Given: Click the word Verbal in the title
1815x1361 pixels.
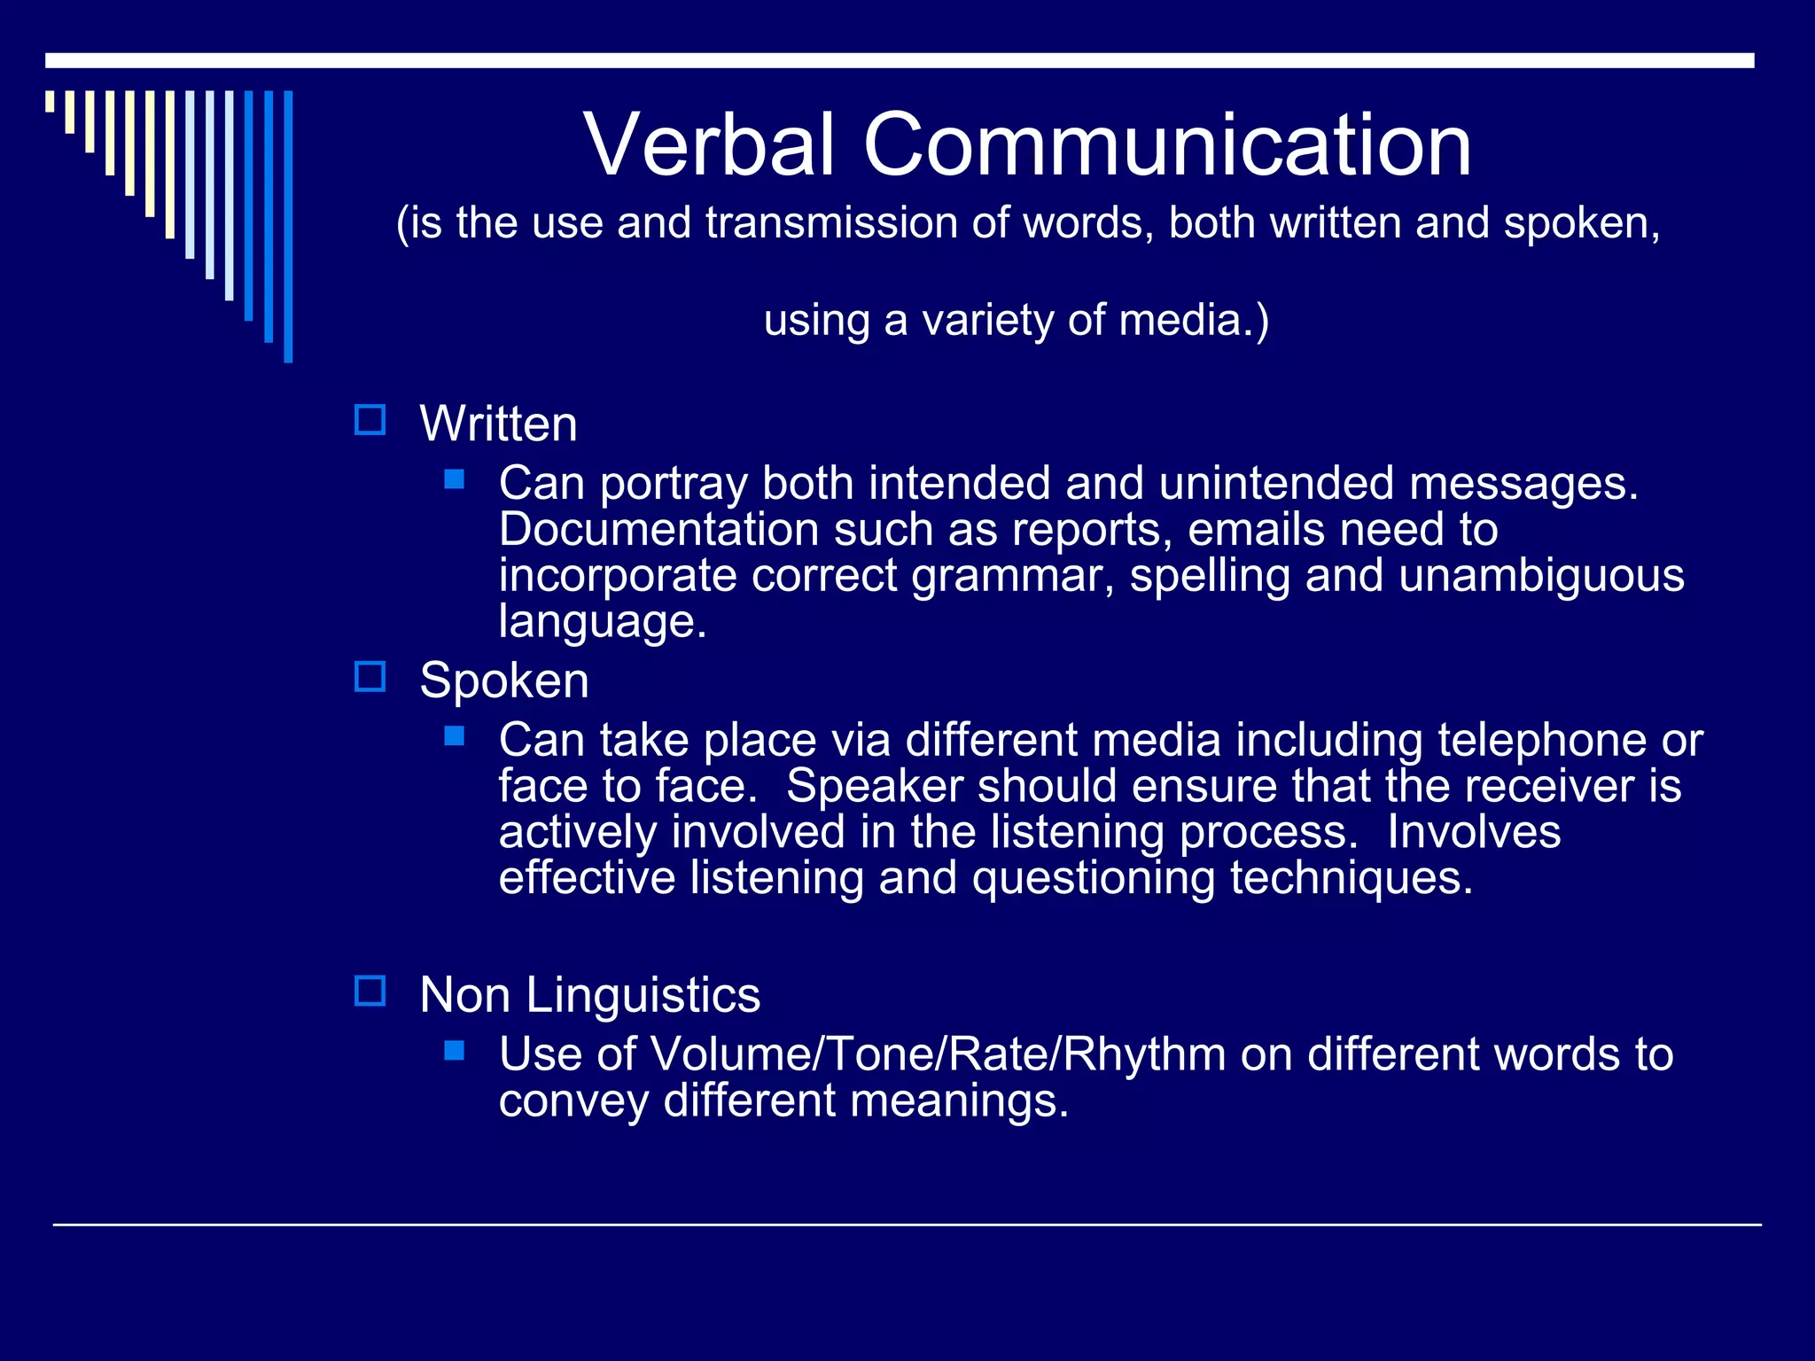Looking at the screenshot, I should click(709, 144).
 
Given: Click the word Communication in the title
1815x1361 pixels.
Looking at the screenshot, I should click(1167, 144).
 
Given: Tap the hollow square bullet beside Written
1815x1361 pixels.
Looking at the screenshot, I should click(370, 420).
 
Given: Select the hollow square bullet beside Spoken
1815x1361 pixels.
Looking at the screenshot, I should click(370, 677).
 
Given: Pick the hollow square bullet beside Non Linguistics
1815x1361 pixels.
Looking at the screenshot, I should click(370, 991).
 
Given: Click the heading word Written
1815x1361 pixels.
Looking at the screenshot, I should click(498, 424).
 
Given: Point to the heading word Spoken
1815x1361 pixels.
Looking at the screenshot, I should click(503, 680).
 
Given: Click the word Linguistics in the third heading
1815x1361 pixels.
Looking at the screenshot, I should click(643, 994).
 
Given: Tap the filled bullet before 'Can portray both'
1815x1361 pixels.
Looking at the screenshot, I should click(455, 479).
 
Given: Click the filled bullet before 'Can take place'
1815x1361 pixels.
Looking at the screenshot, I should click(455, 735).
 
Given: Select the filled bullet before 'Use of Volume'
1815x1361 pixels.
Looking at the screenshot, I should click(455, 1050).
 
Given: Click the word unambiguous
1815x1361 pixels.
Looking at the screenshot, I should click(1541, 576).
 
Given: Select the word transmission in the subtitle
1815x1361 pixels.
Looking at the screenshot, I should click(831, 222).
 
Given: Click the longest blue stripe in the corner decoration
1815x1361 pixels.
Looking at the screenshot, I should click(288, 226).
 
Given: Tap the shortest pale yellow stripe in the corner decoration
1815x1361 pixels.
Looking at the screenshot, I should click(50, 101).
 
